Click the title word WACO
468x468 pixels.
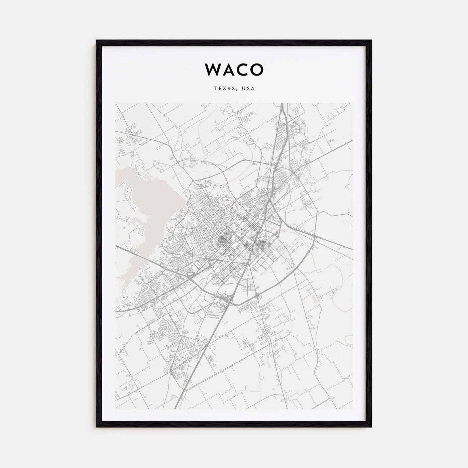pyautogui.click(x=234, y=69)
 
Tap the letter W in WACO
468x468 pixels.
pyautogui.click(x=212, y=69)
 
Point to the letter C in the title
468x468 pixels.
pyautogui.click(x=242, y=69)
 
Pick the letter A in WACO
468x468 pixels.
pyautogui.click(x=227, y=69)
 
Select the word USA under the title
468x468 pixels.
pyautogui.click(x=249, y=89)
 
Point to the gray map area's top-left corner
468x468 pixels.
pyautogui.click(x=116, y=103)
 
